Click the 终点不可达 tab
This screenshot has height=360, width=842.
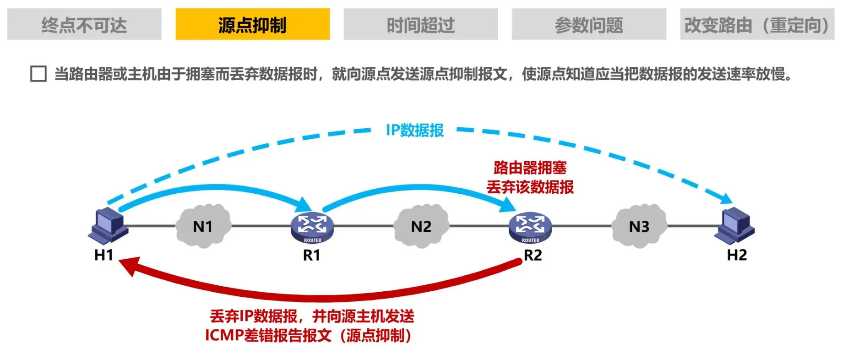(x=84, y=24)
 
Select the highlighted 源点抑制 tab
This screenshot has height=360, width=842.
(x=252, y=24)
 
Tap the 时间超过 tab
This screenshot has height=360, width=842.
(x=420, y=24)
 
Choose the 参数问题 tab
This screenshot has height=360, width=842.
(x=588, y=24)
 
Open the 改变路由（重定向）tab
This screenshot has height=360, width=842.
(x=756, y=24)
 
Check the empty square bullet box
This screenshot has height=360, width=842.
(x=38, y=74)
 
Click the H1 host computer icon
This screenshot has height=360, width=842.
(x=108, y=225)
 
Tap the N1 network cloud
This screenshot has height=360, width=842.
(x=203, y=226)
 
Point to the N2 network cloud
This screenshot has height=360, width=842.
(x=421, y=226)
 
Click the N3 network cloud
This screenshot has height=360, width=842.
(x=639, y=226)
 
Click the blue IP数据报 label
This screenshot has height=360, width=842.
(x=415, y=131)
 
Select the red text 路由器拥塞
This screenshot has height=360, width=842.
(x=530, y=168)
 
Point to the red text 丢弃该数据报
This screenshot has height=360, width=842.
(x=530, y=187)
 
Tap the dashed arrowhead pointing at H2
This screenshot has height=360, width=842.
(x=727, y=199)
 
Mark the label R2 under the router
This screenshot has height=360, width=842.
(x=532, y=255)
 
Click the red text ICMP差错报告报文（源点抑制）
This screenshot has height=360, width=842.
(x=308, y=336)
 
